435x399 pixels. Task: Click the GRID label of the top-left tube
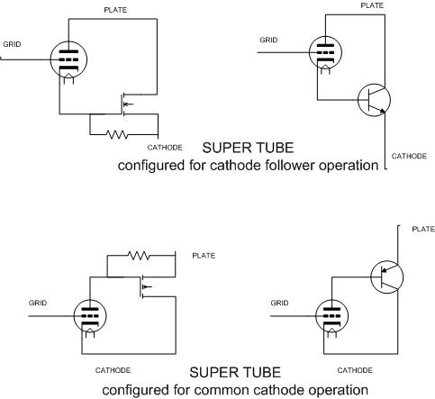point(12,44)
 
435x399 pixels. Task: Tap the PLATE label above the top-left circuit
point(115,10)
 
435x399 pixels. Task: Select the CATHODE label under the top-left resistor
point(165,148)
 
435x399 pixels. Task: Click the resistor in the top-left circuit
point(117,134)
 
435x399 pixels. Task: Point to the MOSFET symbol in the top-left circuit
point(125,104)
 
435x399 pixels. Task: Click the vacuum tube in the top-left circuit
point(68,60)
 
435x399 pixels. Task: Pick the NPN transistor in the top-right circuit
point(374,100)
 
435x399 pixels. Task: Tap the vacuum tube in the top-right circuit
point(325,53)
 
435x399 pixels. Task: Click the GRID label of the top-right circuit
point(268,41)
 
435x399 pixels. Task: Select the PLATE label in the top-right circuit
point(372,5)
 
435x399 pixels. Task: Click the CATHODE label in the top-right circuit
point(409,156)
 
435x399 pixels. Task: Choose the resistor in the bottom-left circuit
point(139,256)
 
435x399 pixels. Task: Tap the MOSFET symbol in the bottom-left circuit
point(145,287)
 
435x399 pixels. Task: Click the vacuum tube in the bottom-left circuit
point(90,316)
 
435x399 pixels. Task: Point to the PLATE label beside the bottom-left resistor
point(204,256)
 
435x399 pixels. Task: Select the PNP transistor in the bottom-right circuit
point(387,277)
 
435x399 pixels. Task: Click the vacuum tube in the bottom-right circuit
point(332,316)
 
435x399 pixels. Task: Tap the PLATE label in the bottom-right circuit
point(423,230)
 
